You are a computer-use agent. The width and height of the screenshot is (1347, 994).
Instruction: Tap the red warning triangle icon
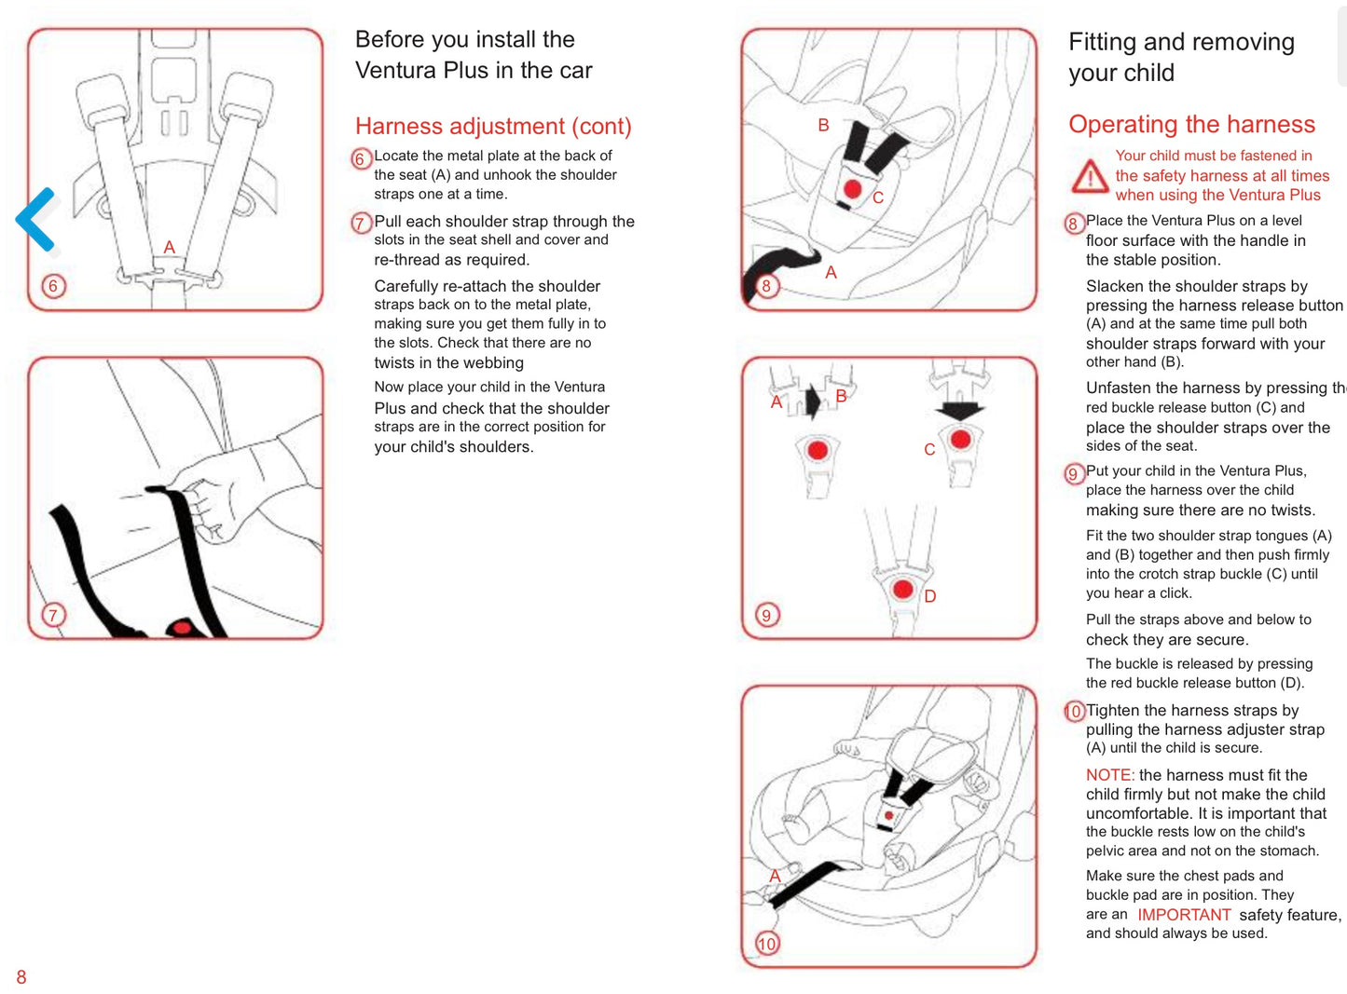[x=1090, y=177]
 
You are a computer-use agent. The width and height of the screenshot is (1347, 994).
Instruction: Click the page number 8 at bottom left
[x=21, y=976]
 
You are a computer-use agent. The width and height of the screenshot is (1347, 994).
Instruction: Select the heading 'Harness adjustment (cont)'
[x=493, y=126]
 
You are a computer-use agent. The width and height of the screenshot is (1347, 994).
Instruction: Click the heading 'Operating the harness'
[x=1191, y=124]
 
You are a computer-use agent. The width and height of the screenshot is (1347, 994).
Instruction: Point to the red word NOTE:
[x=1110, y=775]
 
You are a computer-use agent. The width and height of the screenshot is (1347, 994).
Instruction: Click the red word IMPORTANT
[x=1184, y=915]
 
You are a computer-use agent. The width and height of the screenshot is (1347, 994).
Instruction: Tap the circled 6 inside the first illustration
[x=53, y=285]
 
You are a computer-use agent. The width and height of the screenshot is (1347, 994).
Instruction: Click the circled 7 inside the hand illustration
[x=53, y=615]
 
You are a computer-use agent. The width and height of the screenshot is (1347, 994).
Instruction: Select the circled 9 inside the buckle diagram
[x=767, y=615]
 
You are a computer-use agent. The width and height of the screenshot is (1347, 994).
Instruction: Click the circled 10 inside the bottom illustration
[x=767, y=944]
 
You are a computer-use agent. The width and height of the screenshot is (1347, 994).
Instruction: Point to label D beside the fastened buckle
[x=929, y=596]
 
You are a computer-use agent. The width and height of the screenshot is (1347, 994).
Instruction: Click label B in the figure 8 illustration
[x=823, y=125]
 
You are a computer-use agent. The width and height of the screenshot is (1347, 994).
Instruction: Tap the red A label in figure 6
[x=170, y=247]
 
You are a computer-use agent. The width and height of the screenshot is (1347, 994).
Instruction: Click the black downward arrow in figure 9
[x=959, y=410]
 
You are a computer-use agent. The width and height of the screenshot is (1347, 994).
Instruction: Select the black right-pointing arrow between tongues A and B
[x=813, y=402]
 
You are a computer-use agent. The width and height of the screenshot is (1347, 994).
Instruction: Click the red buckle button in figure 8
[x=853, y=189]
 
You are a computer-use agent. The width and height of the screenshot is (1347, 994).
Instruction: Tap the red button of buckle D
[x=903, y=589]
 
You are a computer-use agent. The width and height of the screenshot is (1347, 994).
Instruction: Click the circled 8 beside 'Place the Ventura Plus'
[x=1074, y=224]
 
